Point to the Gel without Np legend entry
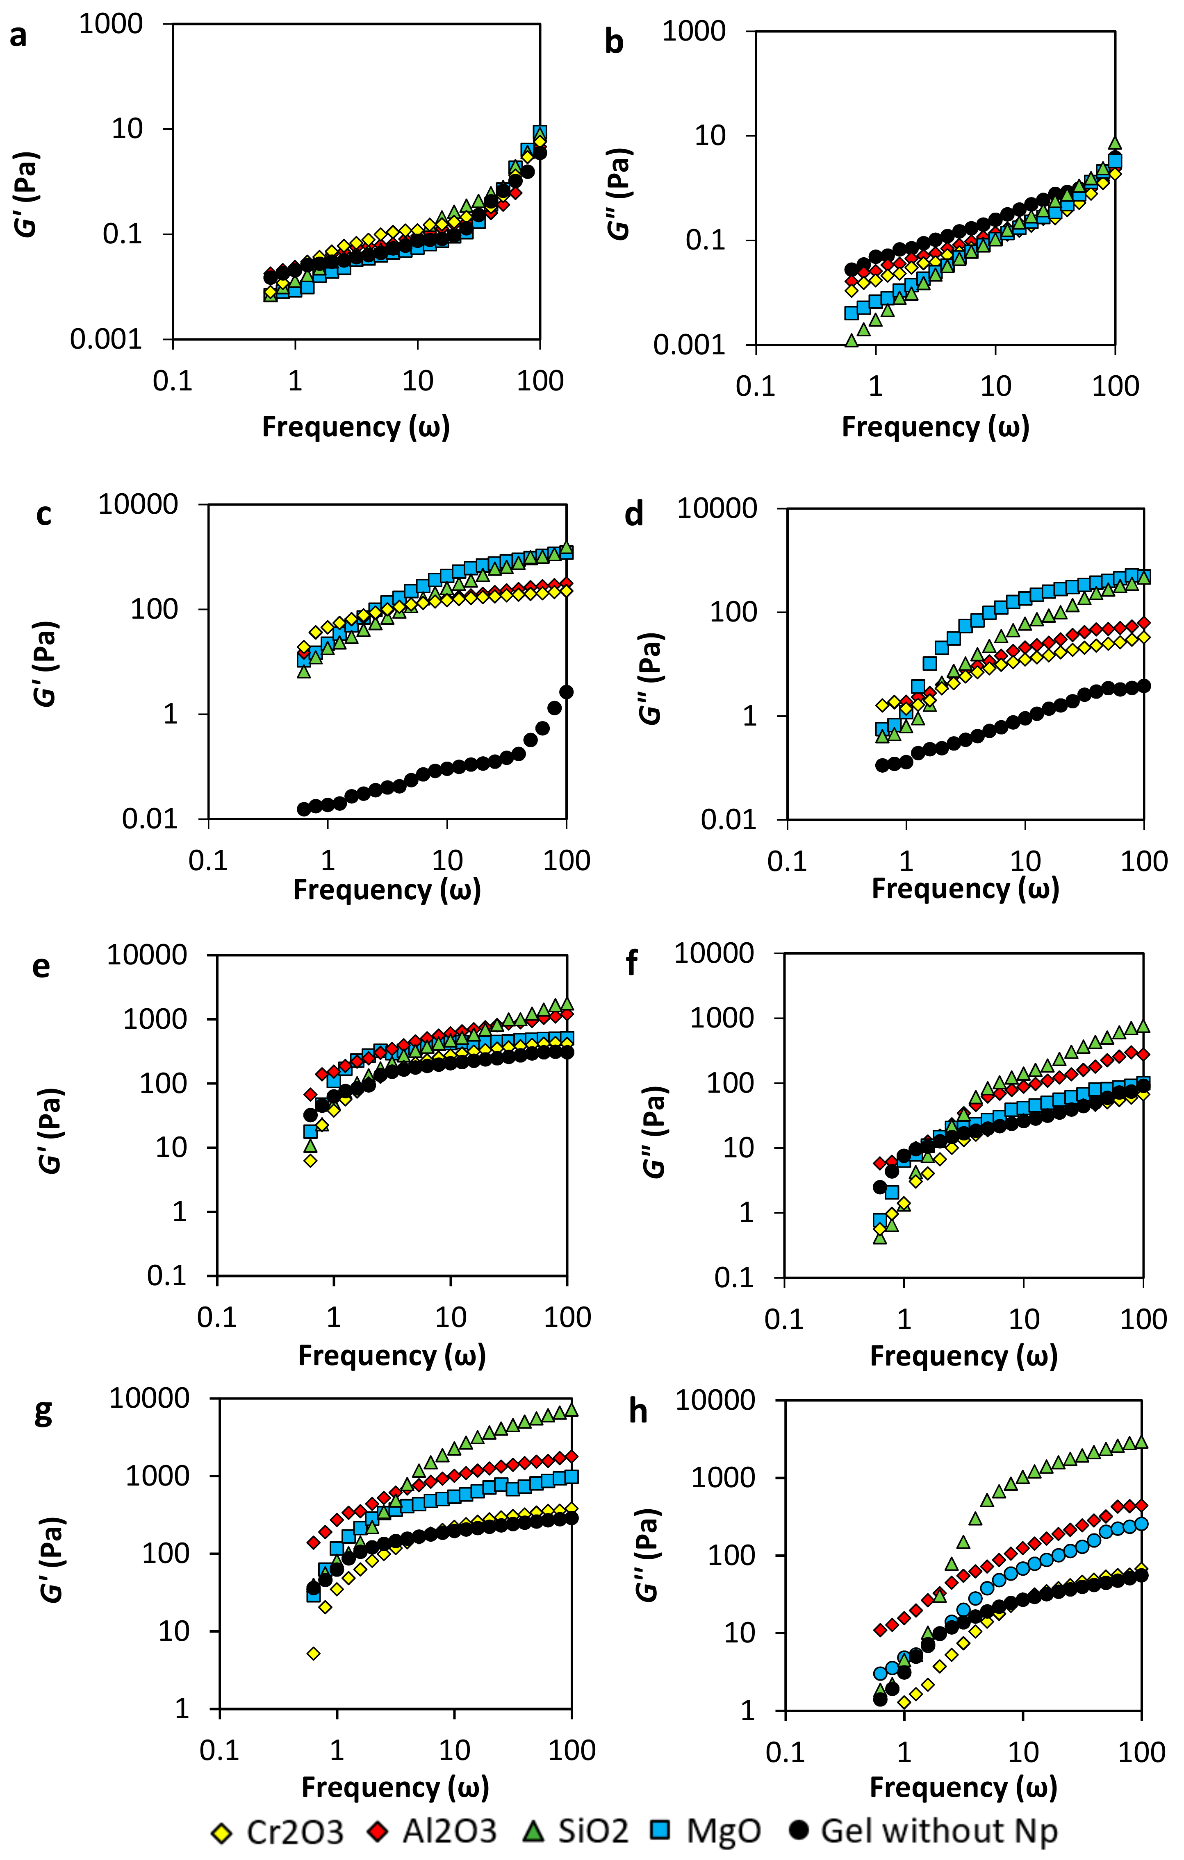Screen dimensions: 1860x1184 point(924,1831)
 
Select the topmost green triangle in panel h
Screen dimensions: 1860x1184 point(1141,1442)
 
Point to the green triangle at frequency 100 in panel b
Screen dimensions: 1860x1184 point(1114,143)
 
